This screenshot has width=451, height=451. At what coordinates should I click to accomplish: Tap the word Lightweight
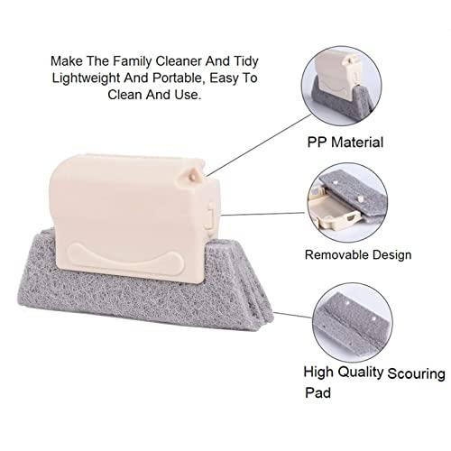click(86, 78)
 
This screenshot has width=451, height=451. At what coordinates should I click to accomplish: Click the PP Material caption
click(345, 143)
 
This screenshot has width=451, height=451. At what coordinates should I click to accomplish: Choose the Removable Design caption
click(358, 255)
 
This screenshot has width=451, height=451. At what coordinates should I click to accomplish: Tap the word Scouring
click(416, 374)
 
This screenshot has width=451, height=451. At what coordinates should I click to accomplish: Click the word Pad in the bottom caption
click(318, 392)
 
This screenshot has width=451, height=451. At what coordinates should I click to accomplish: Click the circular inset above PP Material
click(342, 86)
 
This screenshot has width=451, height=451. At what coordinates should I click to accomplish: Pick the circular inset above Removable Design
click(347, 203)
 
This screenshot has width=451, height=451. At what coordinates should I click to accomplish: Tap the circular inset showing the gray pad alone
click(352, 323)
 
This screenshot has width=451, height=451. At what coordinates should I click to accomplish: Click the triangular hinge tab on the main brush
click(190, 175)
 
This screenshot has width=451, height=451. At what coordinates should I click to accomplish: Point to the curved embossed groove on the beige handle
click(125, 259)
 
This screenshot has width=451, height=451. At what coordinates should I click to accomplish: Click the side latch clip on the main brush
click(211, 216)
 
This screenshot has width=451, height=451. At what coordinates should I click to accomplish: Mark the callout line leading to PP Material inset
click(258, 145)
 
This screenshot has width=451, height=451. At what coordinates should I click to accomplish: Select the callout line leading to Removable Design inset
click(263, 214)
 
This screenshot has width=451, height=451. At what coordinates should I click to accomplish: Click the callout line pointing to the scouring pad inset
click(292, 315)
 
